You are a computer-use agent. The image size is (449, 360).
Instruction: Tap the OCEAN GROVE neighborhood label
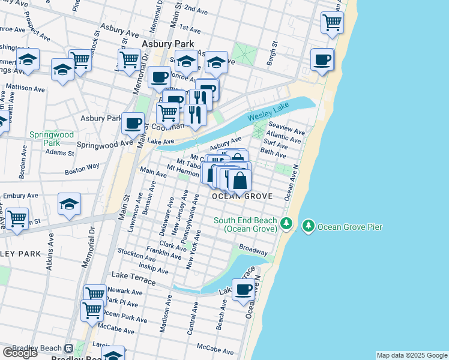click(243, 196)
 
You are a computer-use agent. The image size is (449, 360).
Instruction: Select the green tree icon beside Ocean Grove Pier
click(309, 226)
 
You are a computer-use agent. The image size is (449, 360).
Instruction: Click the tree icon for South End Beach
click(287, 224)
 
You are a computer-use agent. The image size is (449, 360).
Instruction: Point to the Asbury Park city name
click(165, 44)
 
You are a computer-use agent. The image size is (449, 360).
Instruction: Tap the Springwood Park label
click(51, 139)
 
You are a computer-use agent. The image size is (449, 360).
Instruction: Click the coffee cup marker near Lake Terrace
click(244, 290)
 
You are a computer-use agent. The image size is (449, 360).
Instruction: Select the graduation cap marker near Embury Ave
click(70, 204)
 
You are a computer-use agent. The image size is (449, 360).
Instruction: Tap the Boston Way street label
click(83, 169)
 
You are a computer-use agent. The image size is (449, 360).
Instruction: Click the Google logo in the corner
click(20, 352)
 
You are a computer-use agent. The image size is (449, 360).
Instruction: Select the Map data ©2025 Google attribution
click(411, 355)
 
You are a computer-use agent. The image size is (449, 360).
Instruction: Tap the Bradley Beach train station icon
click(69, 348)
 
